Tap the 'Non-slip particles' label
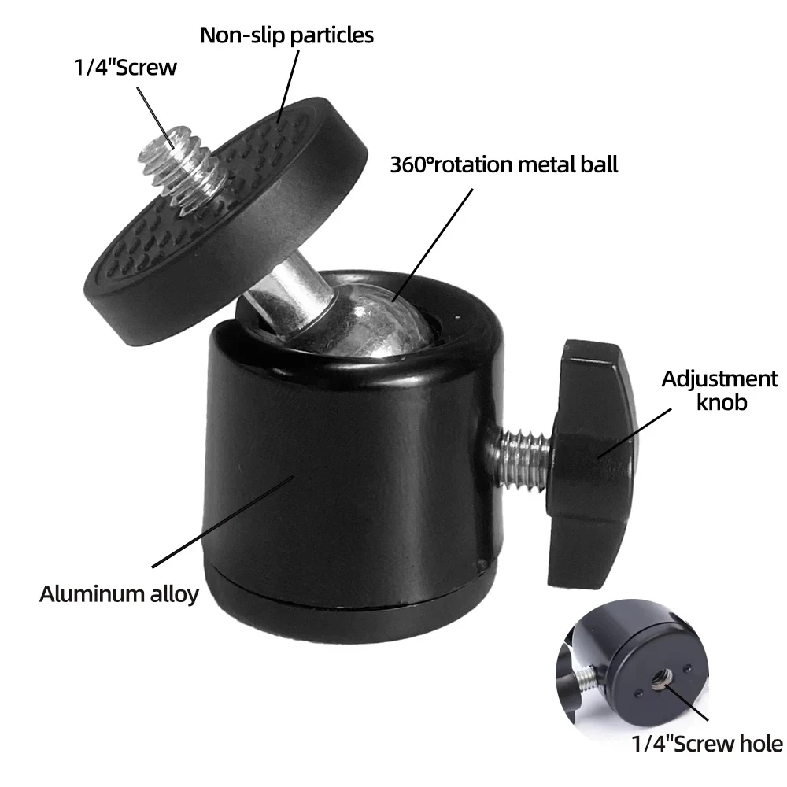286,35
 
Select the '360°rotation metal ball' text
504,164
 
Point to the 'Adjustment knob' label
719,390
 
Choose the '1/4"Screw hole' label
708,743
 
